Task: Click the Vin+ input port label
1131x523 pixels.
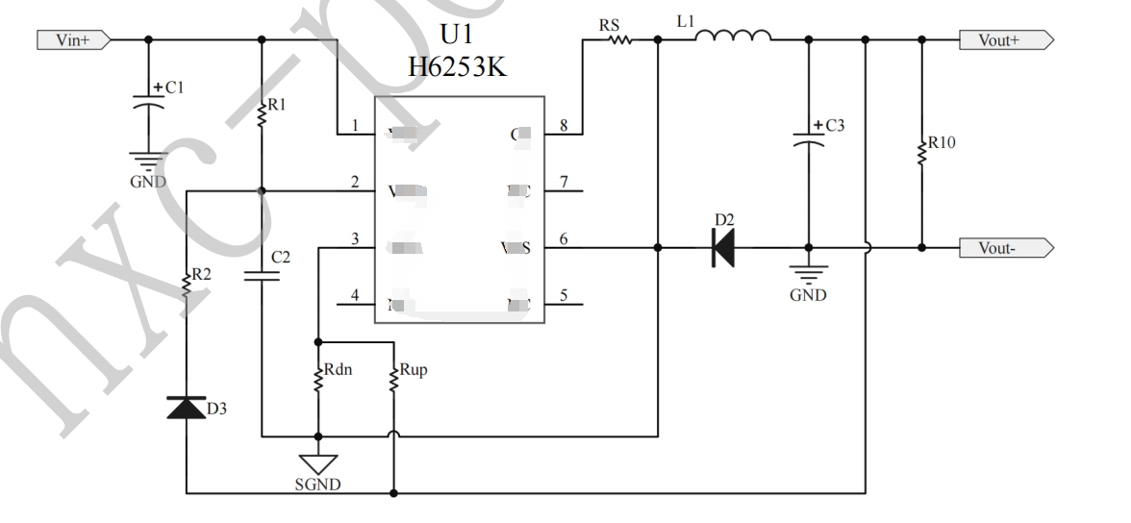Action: [73, 39]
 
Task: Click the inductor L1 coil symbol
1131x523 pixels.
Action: [733, 37]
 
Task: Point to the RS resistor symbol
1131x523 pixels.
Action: [616, 40]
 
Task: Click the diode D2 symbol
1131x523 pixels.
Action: [721, 247]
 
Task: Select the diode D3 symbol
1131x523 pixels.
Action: [186, 408]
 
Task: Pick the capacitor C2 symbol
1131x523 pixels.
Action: [262, 276]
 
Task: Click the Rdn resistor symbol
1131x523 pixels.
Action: [316, 378]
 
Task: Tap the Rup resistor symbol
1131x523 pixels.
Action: [393, 378]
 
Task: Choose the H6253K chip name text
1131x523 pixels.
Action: [457, 68]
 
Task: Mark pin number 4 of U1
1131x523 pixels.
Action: [356, 294]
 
